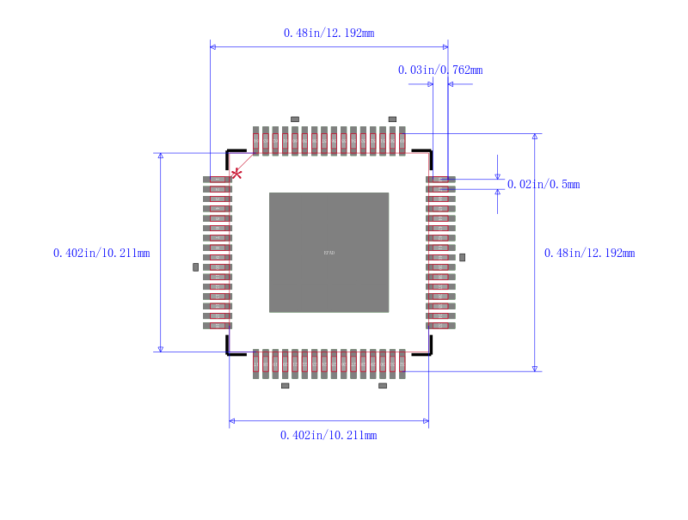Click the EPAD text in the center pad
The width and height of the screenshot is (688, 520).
click(329, 253)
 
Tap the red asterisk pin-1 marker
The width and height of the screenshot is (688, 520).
click(236, 174)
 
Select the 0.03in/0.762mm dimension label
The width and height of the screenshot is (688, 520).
click(439, 70)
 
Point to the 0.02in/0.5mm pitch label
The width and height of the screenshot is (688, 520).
click(543, 184)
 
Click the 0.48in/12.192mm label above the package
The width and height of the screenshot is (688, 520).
click(329, 33)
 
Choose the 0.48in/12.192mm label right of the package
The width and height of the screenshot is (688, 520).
click(589, 253)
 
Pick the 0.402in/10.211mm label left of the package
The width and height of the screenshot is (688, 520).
click(101, 253)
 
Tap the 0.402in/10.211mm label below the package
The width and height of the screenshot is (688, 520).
click(329, 435)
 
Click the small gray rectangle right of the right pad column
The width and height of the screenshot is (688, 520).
click(462, 257)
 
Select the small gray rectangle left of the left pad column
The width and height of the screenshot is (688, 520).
click(195, 267)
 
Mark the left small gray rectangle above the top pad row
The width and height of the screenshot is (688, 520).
click(294, 119)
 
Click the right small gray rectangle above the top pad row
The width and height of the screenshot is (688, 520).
click(392, 119)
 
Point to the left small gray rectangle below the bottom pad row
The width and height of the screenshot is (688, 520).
click(286, 386)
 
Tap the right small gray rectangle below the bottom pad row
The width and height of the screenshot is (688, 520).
click(383, 386)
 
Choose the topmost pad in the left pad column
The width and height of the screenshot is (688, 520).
click(218, 179)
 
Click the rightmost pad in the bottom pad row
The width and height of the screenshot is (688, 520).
click(402, 364)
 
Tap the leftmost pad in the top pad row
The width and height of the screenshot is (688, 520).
click(255, 141)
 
